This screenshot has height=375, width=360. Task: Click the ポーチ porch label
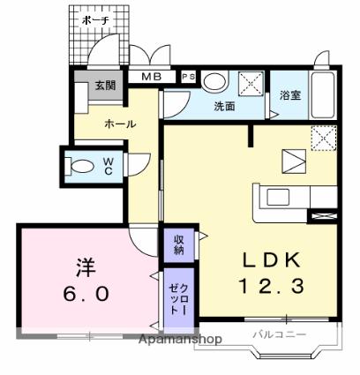[95, 20]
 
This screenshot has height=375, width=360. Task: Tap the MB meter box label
[152, 77]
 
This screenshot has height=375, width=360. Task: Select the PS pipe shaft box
[189, 77]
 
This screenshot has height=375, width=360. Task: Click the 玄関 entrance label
[105, 86]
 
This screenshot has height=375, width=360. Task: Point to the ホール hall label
[120, 124]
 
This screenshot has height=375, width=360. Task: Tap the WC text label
[109, 166]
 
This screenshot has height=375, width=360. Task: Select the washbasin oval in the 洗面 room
[214, 81]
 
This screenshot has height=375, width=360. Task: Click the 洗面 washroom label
[224, 106]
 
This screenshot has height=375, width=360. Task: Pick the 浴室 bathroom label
[290, 95]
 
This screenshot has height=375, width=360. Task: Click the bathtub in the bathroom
[323, 94]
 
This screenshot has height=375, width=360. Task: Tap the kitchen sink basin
[278, 197]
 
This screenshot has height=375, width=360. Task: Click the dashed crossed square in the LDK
[324, 139]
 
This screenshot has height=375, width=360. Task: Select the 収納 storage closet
[179, 245]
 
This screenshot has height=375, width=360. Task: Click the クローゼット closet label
[179, 299]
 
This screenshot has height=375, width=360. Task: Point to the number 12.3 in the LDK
[272, 286]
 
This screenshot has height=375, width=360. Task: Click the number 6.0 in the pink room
[86, 294]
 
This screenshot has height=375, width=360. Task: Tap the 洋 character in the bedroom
[86, 267]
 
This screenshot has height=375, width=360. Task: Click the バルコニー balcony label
[280, 334]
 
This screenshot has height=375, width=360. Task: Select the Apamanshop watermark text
[180, 340]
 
